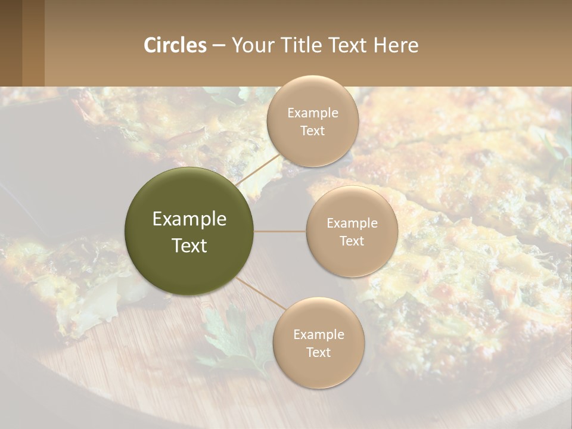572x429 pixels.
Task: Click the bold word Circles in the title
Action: (175, 45)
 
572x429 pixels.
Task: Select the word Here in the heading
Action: (396, 45)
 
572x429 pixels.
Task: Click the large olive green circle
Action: (189, 231)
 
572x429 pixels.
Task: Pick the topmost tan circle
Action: (312, 121)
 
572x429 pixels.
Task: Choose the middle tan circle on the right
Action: (352, 231)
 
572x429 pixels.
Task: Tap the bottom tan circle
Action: (318, 343)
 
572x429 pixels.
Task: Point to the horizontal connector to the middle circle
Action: (280, 231)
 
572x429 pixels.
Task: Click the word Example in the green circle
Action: (189, 219)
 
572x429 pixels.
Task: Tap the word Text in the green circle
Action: (189, 245)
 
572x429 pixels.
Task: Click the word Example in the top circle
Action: (312, 113)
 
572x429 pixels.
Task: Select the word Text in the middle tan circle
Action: (352, 241)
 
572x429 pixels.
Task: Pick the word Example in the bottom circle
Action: (318, 334)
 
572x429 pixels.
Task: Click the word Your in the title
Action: (251, 45)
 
